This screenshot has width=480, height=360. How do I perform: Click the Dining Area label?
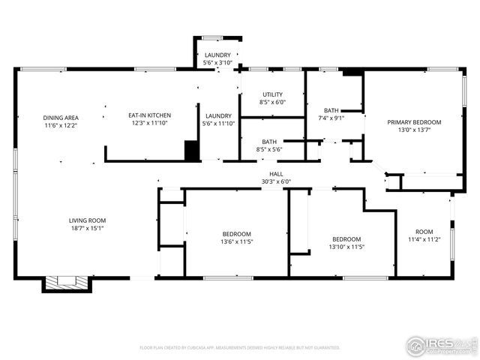point(61,118)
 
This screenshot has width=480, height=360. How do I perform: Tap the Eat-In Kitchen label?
point(149,115)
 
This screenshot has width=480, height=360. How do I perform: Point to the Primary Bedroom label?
point(413,121)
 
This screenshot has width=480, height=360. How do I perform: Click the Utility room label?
point(272,94)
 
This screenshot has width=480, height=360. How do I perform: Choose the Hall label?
point(275,173)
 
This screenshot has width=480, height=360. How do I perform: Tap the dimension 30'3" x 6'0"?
point(275,181)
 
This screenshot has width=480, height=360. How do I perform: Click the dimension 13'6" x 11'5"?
point(236,241)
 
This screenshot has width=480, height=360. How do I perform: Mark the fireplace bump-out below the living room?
point(67,284)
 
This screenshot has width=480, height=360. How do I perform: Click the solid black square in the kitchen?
point(193,150)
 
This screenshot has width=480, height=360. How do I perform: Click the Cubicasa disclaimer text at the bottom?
point(240,348)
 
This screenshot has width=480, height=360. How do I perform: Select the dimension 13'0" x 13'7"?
point(413,129)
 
